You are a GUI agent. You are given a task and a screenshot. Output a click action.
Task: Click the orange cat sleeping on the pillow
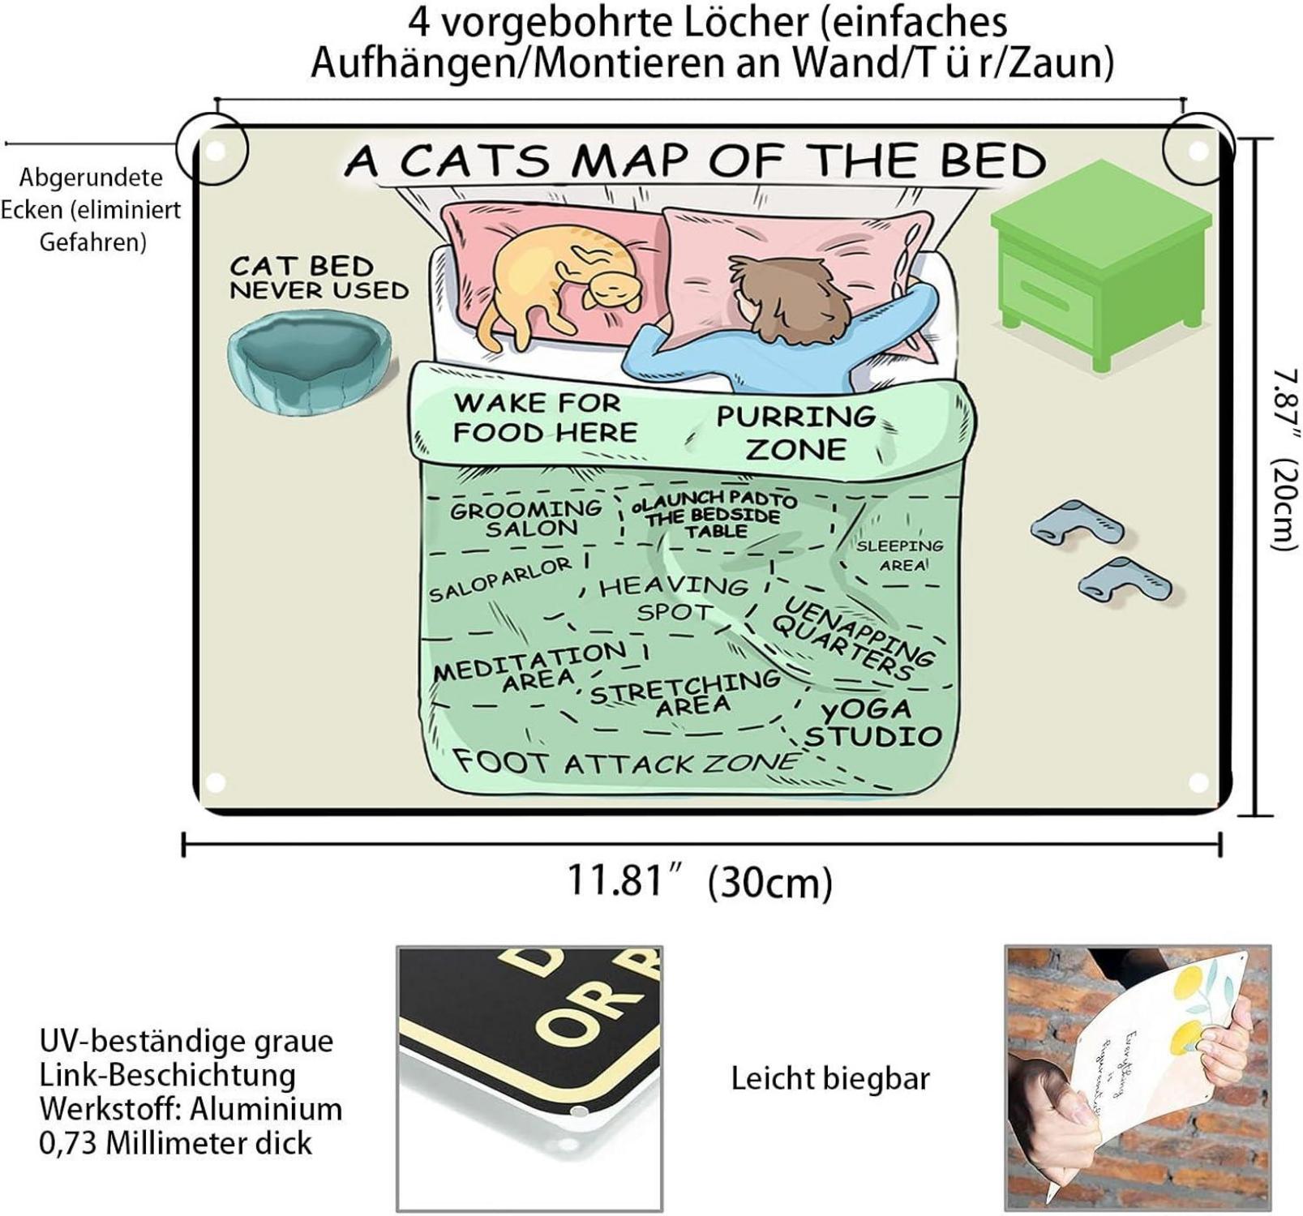(559, 280)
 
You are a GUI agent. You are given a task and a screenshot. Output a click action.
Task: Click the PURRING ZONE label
(796, 432)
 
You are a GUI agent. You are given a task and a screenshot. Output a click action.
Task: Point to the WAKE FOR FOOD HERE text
(544, 417)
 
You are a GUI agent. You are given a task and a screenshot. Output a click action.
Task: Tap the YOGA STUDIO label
(871, 723)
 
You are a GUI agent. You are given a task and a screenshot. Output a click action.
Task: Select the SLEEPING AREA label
(900, 555)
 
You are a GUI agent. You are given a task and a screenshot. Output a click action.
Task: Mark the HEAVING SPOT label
(673, 597)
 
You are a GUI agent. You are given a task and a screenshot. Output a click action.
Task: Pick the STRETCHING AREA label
(686, 694)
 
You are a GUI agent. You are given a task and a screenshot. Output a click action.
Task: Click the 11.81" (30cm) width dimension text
(699, 881)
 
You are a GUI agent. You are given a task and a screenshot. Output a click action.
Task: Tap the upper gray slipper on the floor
(1078, 523)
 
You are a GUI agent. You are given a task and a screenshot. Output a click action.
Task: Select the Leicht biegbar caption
(830, 1079)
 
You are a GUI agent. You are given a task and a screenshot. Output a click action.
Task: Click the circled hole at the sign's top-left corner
(213, 150)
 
